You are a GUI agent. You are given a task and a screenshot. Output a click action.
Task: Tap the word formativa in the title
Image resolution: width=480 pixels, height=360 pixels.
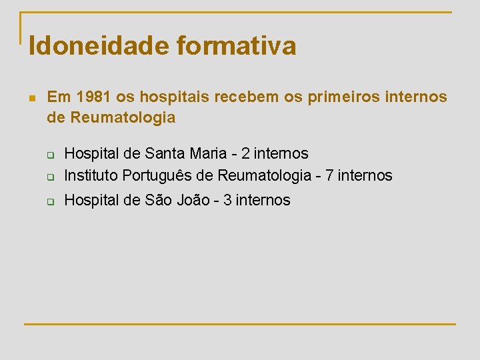237,45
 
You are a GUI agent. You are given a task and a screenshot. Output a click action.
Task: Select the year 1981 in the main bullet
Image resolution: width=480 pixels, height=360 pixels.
93,97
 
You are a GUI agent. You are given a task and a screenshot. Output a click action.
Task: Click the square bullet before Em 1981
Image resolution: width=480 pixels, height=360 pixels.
31,98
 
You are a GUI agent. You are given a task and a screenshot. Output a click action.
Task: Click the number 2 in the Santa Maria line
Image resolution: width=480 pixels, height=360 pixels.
246,154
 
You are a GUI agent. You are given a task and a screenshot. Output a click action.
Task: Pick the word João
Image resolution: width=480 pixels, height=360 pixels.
193,199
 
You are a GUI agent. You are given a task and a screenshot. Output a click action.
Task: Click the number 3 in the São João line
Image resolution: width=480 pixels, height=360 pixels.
228,199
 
